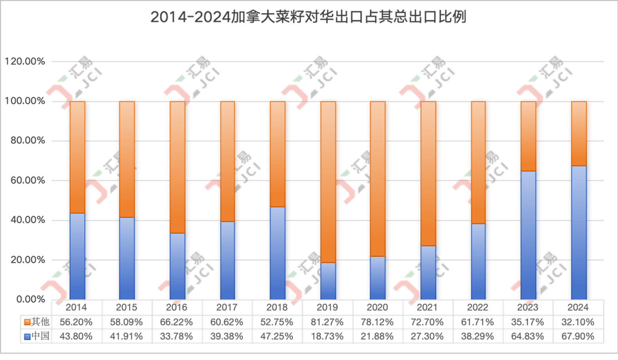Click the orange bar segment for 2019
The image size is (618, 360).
(x=327, y=182)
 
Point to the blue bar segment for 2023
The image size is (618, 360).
(x=528, y=235)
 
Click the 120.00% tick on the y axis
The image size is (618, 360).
(x=25, y=62)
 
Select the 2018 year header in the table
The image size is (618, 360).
(x=277, y=307)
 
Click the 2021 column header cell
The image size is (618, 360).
(x=427, y=307)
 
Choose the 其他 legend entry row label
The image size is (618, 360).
(x=36, y=322)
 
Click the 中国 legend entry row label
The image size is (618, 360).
(x=36, y=336)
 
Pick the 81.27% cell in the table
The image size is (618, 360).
(x=327, y=322)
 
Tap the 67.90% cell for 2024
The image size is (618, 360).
(x=578, y=336)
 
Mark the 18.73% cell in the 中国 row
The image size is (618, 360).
(x=327, y=336)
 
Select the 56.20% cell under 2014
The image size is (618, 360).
(x=76, y=322)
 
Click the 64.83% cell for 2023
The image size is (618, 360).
(x=528, y=336)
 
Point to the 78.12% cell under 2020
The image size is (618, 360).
(x=377, y=322)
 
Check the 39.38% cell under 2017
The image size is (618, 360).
(x=227, y=336)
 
